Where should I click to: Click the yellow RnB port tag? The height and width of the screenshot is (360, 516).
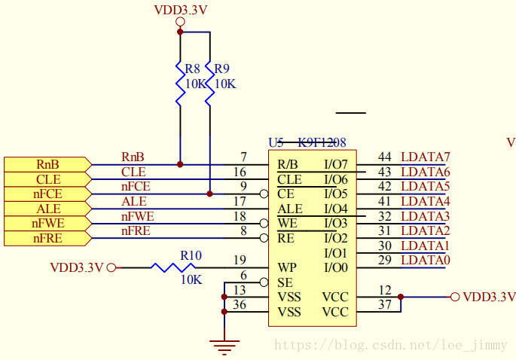pos(47,164)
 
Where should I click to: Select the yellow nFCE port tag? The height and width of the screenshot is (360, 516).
pos(47,194)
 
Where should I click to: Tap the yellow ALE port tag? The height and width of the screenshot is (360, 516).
pos(47,209)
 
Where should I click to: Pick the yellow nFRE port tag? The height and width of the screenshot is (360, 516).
pos(47,238)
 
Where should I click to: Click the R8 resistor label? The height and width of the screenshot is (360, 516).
pos(192,69)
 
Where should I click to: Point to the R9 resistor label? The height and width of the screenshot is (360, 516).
pos(222,69)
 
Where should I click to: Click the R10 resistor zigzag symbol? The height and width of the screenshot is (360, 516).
pos(174,267)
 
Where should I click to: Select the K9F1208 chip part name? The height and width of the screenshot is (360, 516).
pos(322,142)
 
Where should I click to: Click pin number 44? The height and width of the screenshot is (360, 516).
pos(385,157)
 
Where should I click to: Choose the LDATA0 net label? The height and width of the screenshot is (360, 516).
pos(426,260)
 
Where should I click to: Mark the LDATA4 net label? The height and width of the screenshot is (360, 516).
pos(426,201)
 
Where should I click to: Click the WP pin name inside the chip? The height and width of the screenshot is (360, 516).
pos(287,267)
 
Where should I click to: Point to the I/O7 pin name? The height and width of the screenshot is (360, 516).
pos(335,164)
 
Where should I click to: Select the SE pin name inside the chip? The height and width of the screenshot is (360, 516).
pos(285,282)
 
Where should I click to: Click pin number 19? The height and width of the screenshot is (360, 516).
pos(240,260)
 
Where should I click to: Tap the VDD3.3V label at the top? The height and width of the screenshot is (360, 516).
pos(180,10)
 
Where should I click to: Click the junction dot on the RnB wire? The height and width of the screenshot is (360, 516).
pos(180,164)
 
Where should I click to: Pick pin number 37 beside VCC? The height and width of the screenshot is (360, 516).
pos(385,304)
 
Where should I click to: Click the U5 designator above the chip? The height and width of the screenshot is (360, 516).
pos(276,142)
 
